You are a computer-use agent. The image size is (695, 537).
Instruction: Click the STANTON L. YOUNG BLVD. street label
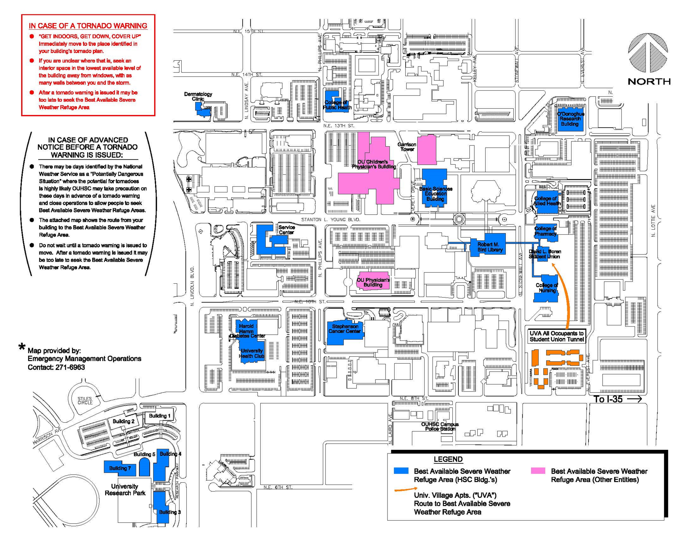(331, 220)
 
